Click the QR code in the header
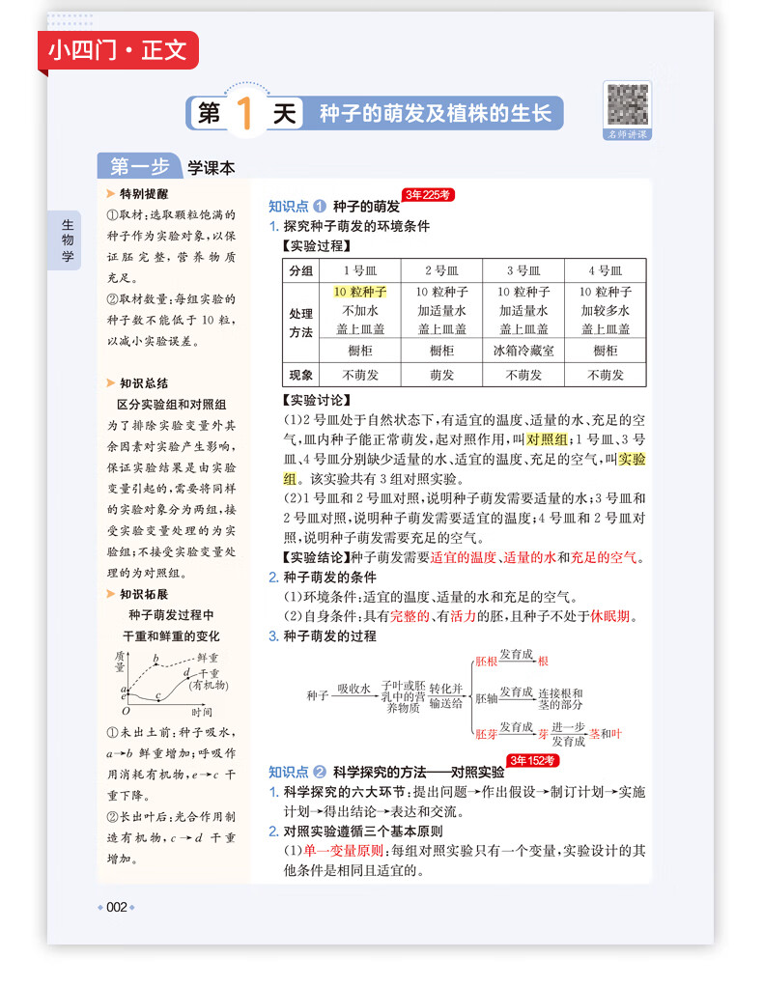(628, 105)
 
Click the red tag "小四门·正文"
(118, 49)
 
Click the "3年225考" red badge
(428, 195)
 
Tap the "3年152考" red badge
(532, 761)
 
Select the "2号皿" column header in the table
(441, 271)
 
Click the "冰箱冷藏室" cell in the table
(523, 351)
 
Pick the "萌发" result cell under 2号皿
(441, 376)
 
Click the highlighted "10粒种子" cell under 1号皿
(359, 292)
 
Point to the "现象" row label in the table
(301, 376)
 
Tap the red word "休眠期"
(611, 616)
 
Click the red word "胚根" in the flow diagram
(488, 662)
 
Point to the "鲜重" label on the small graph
(208, 657)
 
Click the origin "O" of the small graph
(125, 711)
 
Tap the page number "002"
(117, 907)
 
